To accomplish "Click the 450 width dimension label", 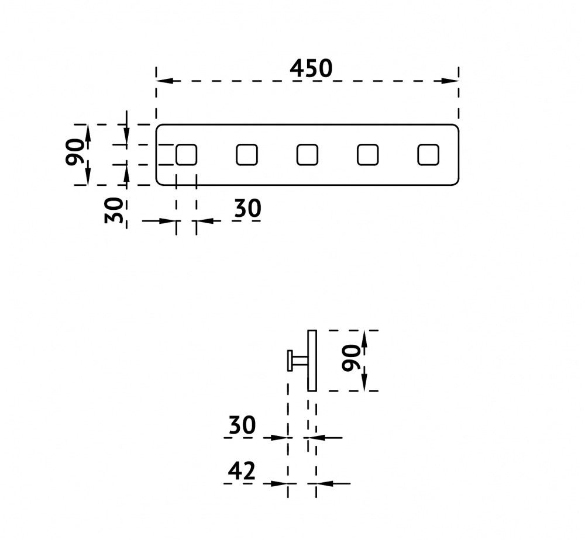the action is click(311, 68).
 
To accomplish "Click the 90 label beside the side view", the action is click(351, 358).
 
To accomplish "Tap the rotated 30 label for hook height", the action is click(113, 210).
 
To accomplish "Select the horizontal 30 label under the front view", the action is click(247, 208).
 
